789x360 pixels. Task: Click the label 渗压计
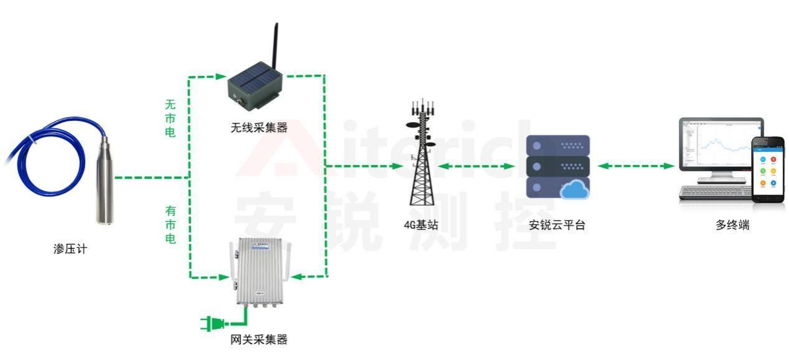pos(70,249)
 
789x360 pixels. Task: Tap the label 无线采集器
pos(259,128)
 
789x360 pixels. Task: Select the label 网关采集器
pos(259,339)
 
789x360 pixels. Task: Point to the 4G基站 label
pos(421,225)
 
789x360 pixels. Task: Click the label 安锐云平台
pos(557,225)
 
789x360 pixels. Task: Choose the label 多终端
pos(732,225)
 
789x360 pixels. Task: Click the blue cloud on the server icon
pos(574,189)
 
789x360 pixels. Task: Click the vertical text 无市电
pos(170,118)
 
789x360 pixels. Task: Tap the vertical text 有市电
pos(170,225)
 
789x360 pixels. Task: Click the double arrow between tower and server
pos(476,166)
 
